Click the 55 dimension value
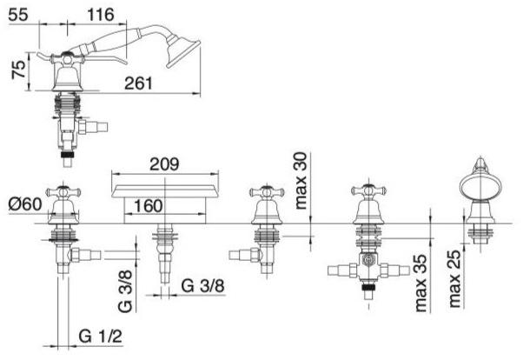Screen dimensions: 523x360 click(18, 15)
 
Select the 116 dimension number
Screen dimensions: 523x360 click(101, 15)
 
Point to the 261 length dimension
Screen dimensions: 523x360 click(138, 83)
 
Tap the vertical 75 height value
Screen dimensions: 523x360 click(18, 69)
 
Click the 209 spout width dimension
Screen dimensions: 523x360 click(164, 164)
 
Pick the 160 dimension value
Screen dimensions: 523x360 click(149, 206)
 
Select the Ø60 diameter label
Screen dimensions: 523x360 click(25, 204)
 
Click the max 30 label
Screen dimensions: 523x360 click(301, 181)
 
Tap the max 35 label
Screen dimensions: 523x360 click(420, 283)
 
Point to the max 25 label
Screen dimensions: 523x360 click(454, 278)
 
